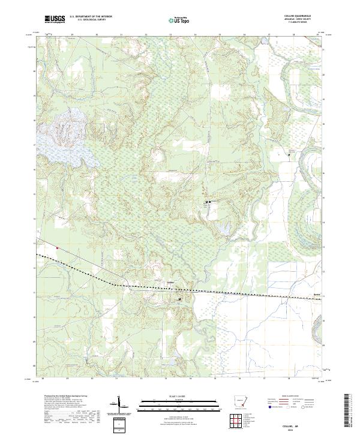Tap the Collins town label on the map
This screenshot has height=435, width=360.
(x=170, y=282)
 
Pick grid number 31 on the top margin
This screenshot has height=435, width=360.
(x=121, y=35)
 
